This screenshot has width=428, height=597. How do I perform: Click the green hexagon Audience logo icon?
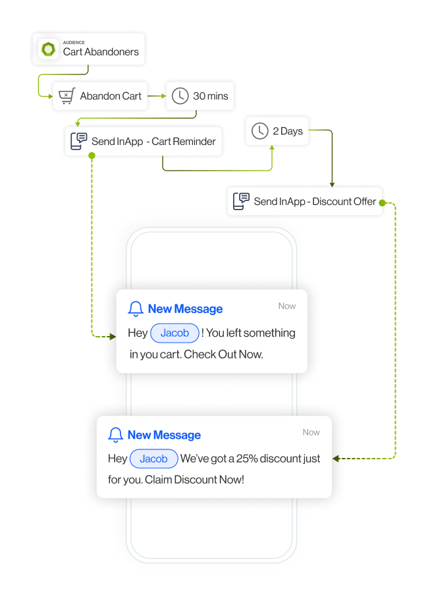pos(48,49)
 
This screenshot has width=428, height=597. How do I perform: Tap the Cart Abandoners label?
pos(101,52)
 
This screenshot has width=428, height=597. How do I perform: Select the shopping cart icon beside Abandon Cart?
pos(66,96)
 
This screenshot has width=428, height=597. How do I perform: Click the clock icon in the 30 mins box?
pos(180,96)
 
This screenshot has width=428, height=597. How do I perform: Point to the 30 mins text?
pos(210,96)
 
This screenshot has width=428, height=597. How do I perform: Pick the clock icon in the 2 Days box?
pos(260,131)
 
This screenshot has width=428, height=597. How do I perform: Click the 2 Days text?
pos(288,131)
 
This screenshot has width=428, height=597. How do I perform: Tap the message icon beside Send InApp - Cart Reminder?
pos(78,141)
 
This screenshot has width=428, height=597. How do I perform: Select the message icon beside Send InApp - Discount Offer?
pos(241,202)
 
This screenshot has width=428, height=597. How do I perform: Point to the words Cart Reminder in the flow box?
pos(184,141)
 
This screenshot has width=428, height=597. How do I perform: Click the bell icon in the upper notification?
pos(136,308)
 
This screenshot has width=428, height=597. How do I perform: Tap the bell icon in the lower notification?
pos(116,434)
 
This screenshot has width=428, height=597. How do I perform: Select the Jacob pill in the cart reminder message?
pos(174,333)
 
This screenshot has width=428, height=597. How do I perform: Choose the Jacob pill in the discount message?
pos(153,459)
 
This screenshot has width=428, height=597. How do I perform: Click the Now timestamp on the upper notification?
pos(287,306)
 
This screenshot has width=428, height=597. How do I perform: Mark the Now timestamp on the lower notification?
pos(311,432)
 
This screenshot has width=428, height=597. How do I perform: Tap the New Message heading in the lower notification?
pos(164,435)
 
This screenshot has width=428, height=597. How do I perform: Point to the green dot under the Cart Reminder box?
pos(92,156)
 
